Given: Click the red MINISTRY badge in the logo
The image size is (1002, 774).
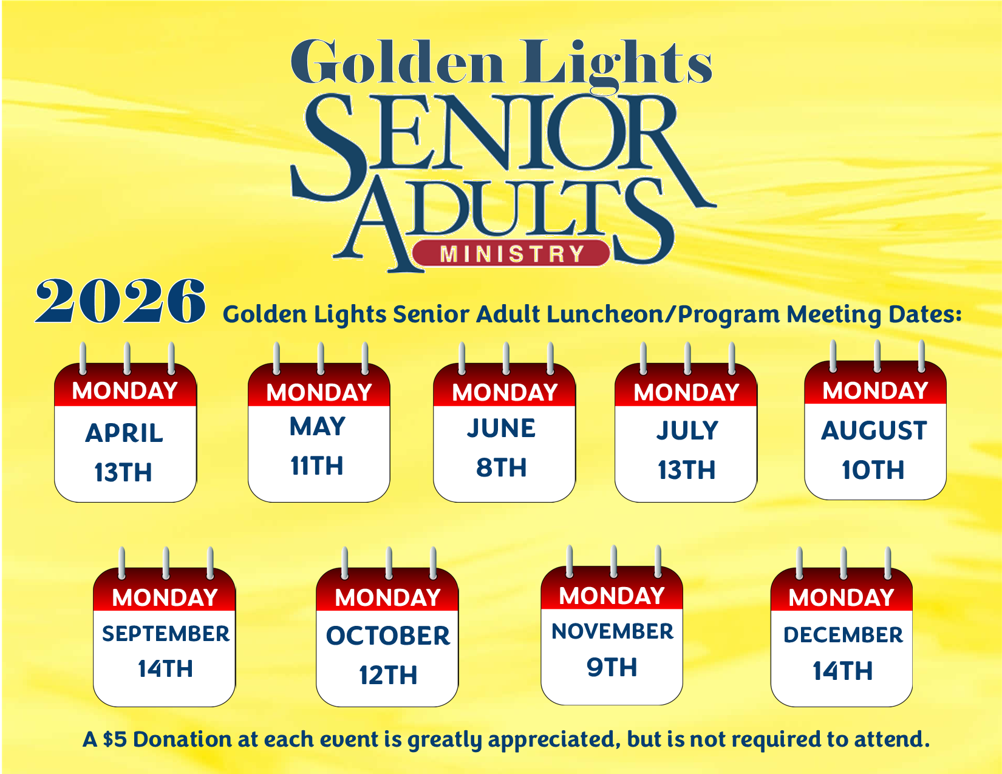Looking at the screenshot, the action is (x=511, y=253).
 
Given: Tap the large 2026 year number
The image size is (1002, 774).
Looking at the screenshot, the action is (x=120, y=301).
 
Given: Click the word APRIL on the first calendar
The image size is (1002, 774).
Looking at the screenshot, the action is (x=124, y=433).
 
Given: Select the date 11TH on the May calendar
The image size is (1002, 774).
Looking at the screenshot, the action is (x=317, y=466).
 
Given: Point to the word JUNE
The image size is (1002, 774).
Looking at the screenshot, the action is (x=501, y=428).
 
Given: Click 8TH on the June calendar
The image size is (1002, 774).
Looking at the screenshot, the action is (x=501, y=467).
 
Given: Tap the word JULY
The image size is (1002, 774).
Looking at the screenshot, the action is (x=687, y=430).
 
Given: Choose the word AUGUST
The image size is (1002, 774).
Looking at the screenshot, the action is (x=874, y=430).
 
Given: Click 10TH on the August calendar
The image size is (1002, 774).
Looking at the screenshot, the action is (x=873, y=470).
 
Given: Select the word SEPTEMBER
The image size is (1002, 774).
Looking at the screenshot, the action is (x=166, y=634).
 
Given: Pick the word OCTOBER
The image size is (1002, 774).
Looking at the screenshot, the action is (x=388, y=636).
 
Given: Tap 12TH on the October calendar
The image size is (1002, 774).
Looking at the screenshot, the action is (x=388, y=675).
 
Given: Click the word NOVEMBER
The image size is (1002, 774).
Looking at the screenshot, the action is (x=612, y=631).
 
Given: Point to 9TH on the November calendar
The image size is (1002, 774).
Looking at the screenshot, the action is (x=612, y=668).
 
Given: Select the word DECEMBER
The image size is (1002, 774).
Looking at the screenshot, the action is (x=843, y=635).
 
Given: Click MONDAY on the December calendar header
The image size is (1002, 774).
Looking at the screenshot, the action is (x=841, y=598).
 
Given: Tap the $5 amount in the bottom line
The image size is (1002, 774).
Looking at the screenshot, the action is (x=114, y=739).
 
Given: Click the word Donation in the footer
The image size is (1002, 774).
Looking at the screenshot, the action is (x=183, y=739).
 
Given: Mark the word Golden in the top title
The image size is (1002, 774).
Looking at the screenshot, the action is (x=397, y=63).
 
